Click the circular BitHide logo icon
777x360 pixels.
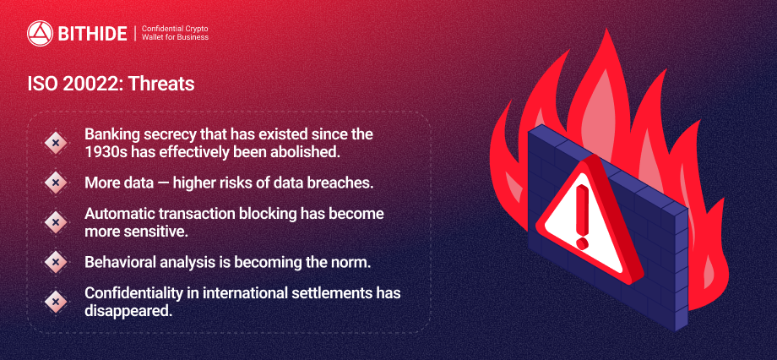tap(41, 33)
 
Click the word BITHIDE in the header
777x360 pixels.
tap(93, 34)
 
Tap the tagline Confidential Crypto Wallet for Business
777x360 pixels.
tap(175, 33)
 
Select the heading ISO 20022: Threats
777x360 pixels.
tap(111, 85)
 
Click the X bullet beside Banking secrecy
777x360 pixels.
tap(56, 143)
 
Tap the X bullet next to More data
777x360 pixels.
tap(56, 183)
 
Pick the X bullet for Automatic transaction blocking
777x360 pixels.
tap(56, 222)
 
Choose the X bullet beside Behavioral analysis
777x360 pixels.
tap(56, 262)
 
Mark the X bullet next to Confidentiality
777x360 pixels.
tap(56, 302)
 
